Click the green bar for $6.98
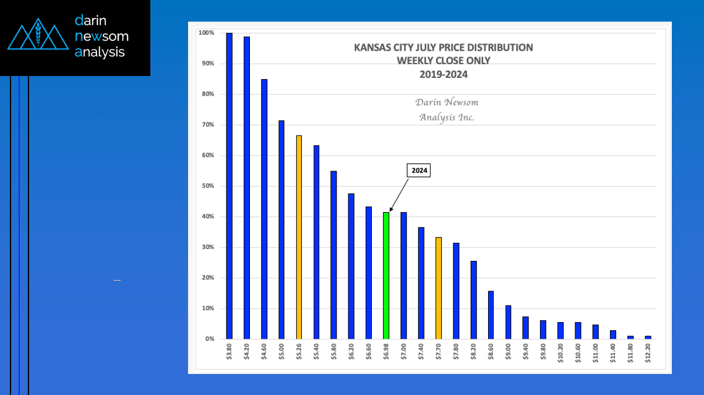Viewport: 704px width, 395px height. pyautogui.click(x=386, y=276)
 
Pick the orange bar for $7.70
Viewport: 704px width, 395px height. pyautogui.click(x=439, y=288)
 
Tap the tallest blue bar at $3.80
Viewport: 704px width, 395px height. pyautogui.click(x=229, y=185)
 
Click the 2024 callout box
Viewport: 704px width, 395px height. pyautogui.click(x=419, y=171)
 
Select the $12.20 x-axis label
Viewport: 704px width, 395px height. pyautogui.click(x=648, y=354)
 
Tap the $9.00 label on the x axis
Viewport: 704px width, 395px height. pyautogui.click(x=509, y=354)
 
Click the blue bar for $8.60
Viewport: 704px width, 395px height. pyautogui.click(x=491, y=315)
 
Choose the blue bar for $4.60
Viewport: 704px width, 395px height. pyautogui.click(x=264, y=209)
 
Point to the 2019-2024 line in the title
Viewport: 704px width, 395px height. pyautogui.click(x=442, y=74)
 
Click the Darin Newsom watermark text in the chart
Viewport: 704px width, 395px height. pyautogui.click(x=446, y=102)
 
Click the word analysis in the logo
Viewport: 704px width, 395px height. pyautogui.click(x=100, y=53)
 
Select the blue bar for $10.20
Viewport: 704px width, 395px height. pyautogui.click(x=560, y=331)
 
